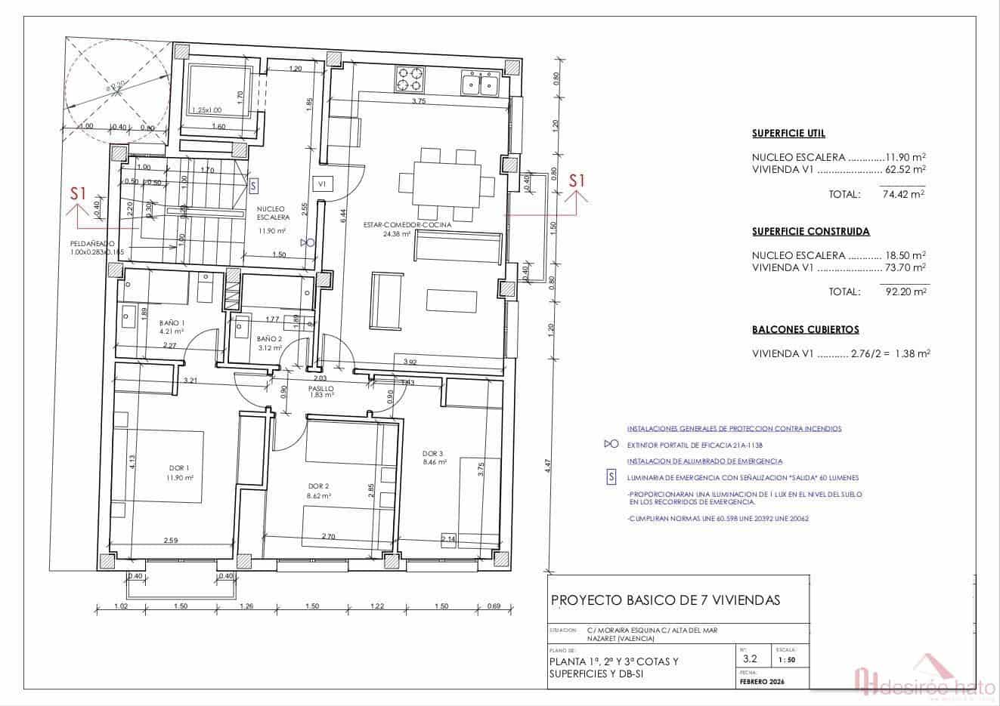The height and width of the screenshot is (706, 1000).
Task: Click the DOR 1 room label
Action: pyautogui.click(x=175, y=468)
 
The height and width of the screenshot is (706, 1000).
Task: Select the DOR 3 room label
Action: pyautogui.click(x=433, y=453)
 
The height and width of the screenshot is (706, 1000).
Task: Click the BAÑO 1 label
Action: pyautogui.click(x=172, y=322)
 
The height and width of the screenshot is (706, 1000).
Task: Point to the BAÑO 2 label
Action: pyautogui.click(x=269, y=339)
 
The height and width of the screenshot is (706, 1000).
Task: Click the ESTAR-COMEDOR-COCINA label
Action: pyautogui.click(x=407, y=225)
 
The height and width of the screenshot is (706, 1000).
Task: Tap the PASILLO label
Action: pyautogui.click(x=320, y=388)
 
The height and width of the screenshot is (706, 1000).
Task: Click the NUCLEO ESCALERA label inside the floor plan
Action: pyautogui.click(x=271, y=213)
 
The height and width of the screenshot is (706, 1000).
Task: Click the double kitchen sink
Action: pyautogui.click(x=481, y=82)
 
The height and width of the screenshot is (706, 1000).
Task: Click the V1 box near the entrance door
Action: pyautogui.click(x=321, y=183)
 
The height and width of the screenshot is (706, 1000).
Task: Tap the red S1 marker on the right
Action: pyautogui.click(x=577, y=180)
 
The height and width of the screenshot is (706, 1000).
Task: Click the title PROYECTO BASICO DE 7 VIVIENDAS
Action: pyautogui.click(x=666, y=600)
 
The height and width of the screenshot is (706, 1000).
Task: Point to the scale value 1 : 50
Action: pyautogui.click(x=786, y=659)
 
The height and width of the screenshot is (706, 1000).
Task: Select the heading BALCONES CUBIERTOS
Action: pyautogui.click(x=805, y=330)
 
